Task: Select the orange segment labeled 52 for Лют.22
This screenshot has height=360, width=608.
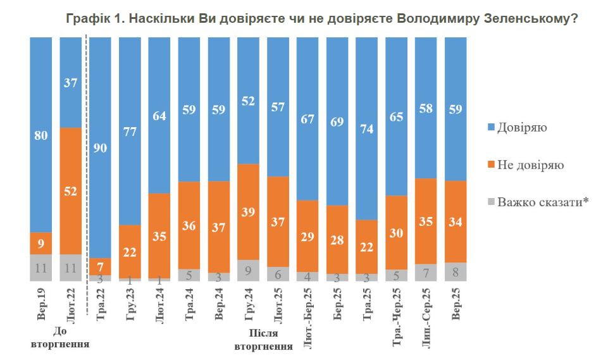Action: pos(70,191)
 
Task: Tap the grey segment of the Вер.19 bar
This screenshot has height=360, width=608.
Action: pos(40,268)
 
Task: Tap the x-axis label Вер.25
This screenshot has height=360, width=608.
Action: pos(456,304)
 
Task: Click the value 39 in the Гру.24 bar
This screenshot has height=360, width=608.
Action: pos(248,212)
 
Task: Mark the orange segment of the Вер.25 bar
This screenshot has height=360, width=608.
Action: pos(456,221)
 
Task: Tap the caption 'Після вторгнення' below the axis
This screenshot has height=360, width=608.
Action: pos(263,340)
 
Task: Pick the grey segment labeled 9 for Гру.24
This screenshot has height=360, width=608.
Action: pos(248,270)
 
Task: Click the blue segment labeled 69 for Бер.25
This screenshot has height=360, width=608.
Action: pos(337,121)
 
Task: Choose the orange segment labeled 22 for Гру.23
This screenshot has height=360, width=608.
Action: pos(130,251)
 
